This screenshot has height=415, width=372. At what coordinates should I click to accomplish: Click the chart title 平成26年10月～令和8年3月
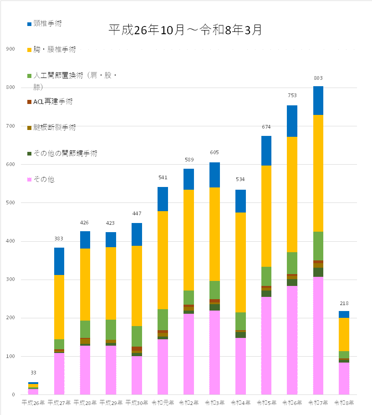pos(185,30)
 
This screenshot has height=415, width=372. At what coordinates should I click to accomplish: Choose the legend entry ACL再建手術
pos(53,102)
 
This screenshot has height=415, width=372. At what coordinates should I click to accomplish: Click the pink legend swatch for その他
pos(30,180)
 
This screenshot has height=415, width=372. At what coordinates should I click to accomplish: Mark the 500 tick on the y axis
pos(10,203)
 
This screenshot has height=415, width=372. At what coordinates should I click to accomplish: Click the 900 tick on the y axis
pos(10,49)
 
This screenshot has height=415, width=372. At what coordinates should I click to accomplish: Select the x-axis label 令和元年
pos(162,403)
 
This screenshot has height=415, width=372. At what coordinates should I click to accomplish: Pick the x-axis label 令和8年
pos(344,403)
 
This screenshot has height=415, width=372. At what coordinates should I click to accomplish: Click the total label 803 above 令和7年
pos(318,78)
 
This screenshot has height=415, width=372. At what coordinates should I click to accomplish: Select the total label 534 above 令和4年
pos(240,179)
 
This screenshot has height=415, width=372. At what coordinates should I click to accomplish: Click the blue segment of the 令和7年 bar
pos(318,100)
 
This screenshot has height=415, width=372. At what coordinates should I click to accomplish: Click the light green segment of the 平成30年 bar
pos(137,336)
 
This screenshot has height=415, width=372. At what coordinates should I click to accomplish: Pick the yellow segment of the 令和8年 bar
pos(344,334)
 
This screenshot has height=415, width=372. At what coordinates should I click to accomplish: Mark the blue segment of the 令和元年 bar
pos(163,199)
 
